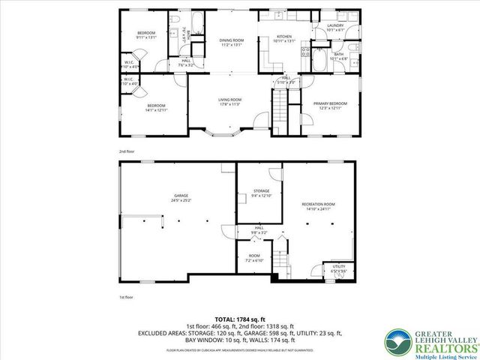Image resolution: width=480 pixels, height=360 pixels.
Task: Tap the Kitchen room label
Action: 283,38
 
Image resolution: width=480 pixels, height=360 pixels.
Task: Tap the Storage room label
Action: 261,193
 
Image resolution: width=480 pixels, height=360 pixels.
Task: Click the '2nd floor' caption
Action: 126,151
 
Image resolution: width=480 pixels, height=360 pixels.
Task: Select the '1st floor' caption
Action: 126,297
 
